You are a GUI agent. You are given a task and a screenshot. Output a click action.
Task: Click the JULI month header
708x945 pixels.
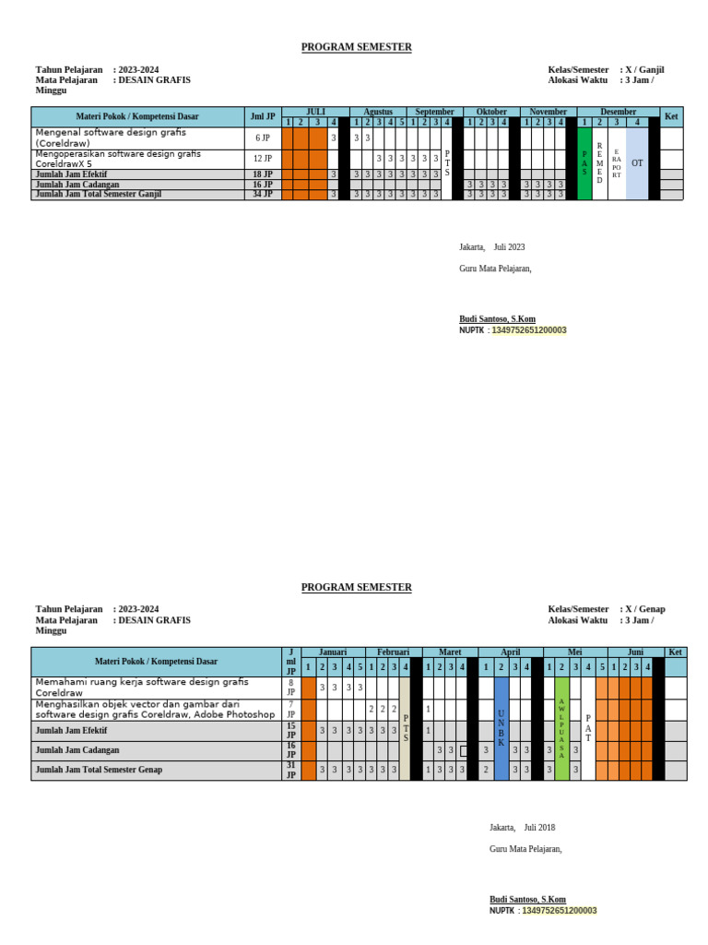pyautogui.click(x=315, y=112)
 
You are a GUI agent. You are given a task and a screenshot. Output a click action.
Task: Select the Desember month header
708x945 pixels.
pyautogui.click(x=618, y=112)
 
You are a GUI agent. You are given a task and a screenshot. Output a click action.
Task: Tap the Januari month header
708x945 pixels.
pyautogui.click(x=333, y=652)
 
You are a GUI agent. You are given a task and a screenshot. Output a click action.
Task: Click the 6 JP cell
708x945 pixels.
pyautogui.click(x=263, y=138)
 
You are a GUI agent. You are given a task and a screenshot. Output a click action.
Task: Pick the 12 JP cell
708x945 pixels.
pyautogui.click(x=263, y=159)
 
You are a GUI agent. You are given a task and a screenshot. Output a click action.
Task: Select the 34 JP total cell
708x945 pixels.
pyautogui.click(x=263, y=195)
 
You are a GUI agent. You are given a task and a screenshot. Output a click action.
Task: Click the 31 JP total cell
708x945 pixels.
pyautogui.click(x=290, y=771)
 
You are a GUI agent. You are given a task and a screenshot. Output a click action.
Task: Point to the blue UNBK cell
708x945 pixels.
pyautogui.click(x=501, y=728)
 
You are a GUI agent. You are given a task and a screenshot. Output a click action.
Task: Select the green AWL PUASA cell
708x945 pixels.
pyautogui.click(x=561, y=728)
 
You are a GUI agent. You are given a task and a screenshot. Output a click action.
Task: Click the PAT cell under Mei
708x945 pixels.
pyautogui.click(x=589, y=728)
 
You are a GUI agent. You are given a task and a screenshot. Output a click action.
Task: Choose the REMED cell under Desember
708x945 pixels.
pyautogui.click(x=600, y=162)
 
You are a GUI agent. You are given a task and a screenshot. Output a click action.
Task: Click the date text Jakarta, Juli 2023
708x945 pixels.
pyautogui.click(x=492, y=247)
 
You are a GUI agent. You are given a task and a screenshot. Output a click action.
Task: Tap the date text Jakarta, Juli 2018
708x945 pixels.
pyautogui.click(x=522, y=828)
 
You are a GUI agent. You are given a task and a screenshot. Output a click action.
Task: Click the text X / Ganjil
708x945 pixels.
pyautogui.click(x=645, y=69)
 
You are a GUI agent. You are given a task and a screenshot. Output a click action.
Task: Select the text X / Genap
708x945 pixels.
pyautogui.click(x=645, y=609)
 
